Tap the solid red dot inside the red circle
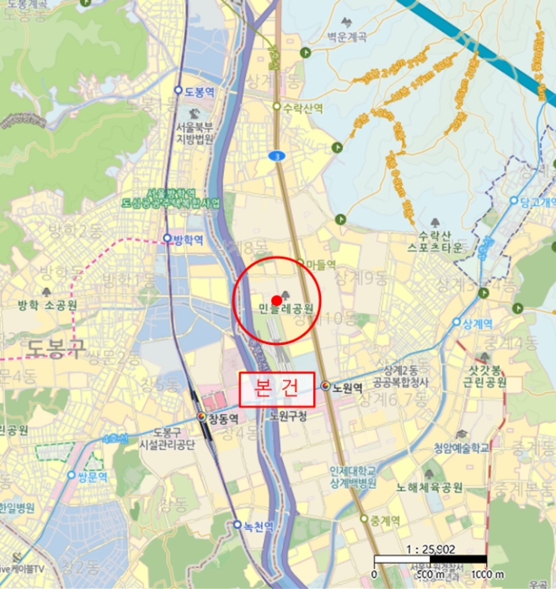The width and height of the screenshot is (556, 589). coord(277,300)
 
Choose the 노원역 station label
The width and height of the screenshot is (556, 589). coord(346,388)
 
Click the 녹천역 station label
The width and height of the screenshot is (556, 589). coord(258,526)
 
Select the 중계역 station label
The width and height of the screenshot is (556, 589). coord(383,519)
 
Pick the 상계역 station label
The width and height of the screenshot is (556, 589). coord(477,322)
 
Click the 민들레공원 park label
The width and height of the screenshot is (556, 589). coord(286,309)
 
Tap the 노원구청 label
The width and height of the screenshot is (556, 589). coord(289,417)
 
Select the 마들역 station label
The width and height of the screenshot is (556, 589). coord(320,264)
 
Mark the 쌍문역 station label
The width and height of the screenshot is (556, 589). coord(92,475)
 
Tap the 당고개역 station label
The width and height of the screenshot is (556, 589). coord(537,202)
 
